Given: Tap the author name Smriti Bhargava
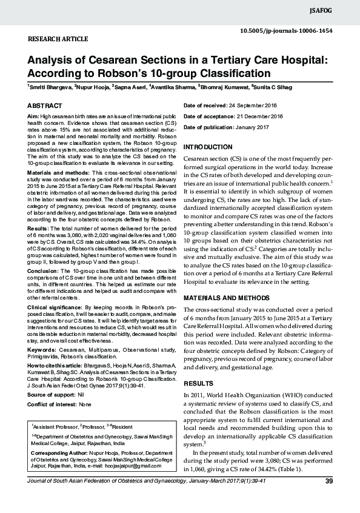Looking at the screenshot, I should [x=50, y=88].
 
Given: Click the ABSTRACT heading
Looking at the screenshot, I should [x=44, y=106].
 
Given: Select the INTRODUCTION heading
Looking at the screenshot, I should [x=208, y=147].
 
